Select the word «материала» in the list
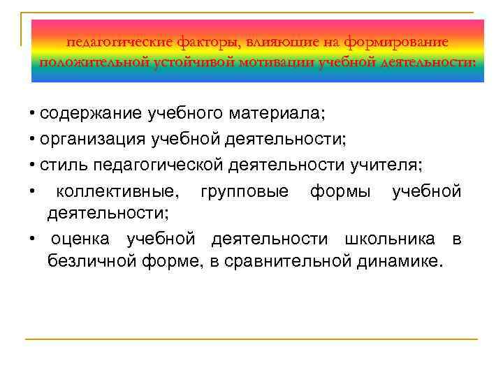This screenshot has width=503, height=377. pyautogui.click(x=282, y=113)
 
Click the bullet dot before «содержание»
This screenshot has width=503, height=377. pyautogui.click(x=33, y=114)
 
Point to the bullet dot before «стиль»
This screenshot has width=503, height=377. pyautogui.click(x=33, y=165)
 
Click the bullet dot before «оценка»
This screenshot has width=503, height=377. pyautogui.click(x=33, y=239)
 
